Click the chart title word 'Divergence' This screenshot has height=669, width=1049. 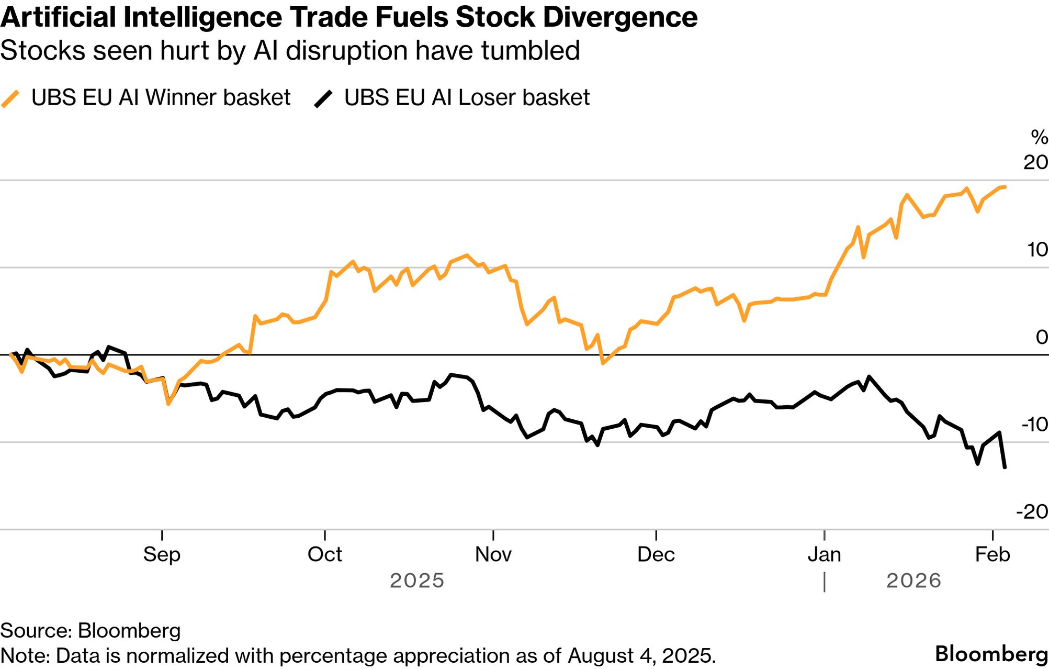tap(620, 17)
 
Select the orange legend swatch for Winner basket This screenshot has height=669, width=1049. tap(10, 98)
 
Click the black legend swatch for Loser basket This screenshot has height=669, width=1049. tap(323, 98)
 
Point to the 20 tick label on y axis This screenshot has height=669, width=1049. tap(1035, 162)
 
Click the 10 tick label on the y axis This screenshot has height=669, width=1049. tap(1037, 250)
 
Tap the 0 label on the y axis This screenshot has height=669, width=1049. tap(1042, 337)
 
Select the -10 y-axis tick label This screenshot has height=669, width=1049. tap(1034, 425)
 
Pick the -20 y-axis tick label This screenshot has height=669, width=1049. tap(1032, 511)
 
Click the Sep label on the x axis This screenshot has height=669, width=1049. tap(162, 554)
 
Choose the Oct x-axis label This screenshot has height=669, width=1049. tap(324, 554)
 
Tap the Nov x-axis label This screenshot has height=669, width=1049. tap(493, 554)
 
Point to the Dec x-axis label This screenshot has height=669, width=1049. tap(656, 554)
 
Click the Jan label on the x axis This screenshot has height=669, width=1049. tap(824, 554)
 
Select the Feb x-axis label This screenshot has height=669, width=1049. tap(992, 554)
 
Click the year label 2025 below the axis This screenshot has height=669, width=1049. tap(417, 581)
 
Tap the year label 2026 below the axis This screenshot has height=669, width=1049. tap(913, 581)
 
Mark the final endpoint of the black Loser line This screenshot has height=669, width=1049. tap(1005, 467)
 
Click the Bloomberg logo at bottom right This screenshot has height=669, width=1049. tap(991, 654)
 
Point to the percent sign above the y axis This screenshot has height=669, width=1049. tap(1039, 137)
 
